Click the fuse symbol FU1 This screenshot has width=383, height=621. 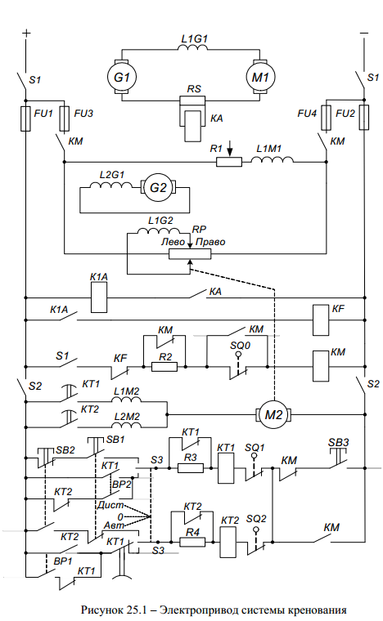pos(25,118)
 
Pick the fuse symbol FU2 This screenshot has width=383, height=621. pos(364,117)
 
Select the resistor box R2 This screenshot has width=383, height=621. pos(164,367)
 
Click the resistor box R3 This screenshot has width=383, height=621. pos(191,468)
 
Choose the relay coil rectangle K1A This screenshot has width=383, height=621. pos(99,297)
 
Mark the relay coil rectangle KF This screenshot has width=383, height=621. pos(321,320)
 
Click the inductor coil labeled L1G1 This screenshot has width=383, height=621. pos(192,47)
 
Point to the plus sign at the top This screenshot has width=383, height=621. pos(25,33)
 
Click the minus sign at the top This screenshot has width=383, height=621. pos(364,34)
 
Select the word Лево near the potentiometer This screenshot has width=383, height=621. pos(173,242)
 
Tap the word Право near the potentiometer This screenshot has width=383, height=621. pos(210,242)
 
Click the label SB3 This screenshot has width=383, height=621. pos(339,442)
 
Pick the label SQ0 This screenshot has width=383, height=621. pos(241,346)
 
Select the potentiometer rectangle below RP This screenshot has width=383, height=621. pos(190,254)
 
